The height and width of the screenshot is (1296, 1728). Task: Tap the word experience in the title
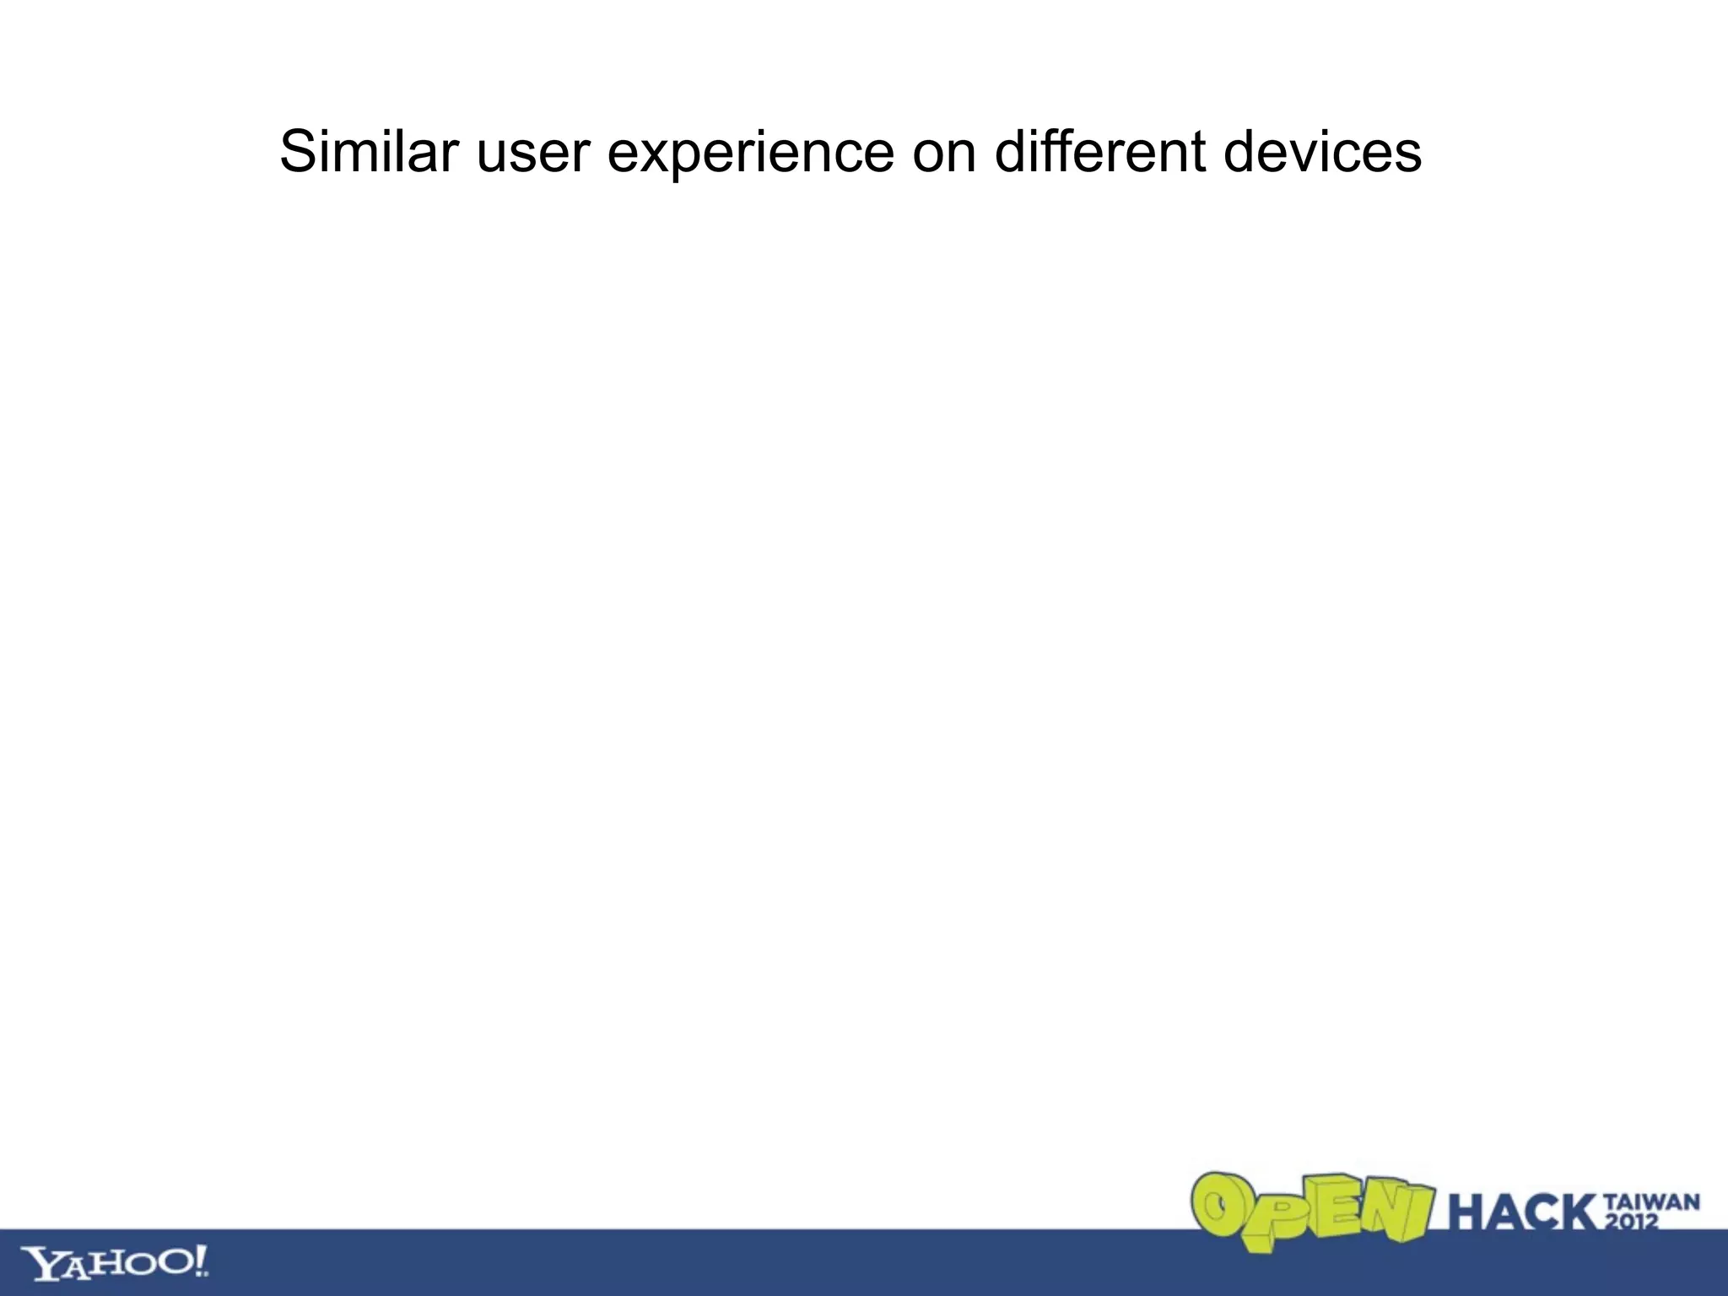tap(750, 157)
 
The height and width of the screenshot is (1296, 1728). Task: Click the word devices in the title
tap(1322, 152)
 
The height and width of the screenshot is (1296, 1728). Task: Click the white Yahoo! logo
tap(115, 1262)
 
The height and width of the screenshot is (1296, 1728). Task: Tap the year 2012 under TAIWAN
tap(1632, 1221)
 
